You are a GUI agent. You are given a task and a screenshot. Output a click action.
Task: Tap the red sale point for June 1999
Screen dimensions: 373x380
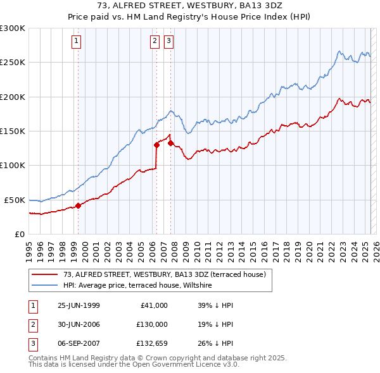click(79, 205)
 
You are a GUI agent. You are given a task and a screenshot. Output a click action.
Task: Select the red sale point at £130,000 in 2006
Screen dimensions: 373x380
click(156, 145)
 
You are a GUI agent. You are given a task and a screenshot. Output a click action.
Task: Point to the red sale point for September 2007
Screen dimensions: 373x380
click(170, 143)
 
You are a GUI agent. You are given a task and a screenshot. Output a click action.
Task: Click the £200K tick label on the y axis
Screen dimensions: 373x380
click(13, 97)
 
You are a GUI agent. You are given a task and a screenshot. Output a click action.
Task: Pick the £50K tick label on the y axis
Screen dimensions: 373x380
click(15, 200)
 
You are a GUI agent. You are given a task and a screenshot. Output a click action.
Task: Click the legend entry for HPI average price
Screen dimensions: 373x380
click(137, 286)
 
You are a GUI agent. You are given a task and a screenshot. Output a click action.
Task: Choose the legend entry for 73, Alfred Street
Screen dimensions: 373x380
click(168, 274)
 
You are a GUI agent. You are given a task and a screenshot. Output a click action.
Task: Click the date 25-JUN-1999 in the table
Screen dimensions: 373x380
click(79, 305)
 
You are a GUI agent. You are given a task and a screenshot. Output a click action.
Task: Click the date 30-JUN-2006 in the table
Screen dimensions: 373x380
click(79, 324)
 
